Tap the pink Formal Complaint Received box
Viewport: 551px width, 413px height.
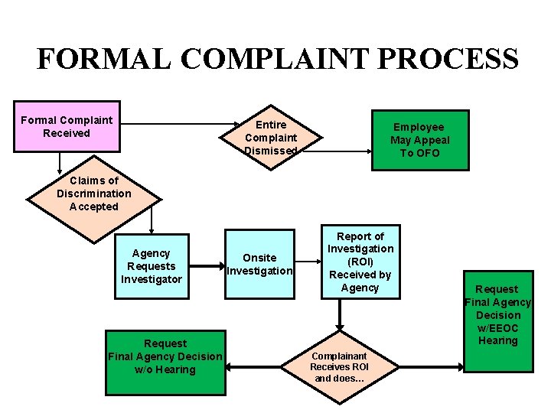[x=67, y=127]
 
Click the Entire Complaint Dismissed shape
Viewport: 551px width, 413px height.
[x=271, y=138]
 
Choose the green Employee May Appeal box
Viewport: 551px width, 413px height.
[x=420, y=140]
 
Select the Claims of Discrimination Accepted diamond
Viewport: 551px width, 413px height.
[x=94, y=194]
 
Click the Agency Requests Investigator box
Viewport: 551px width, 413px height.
[x=152, y=266]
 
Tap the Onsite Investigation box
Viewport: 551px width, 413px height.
[x=259, y=265]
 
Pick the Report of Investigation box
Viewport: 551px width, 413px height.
[x=360, y=262]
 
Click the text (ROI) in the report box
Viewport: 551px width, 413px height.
[x=360, y=262]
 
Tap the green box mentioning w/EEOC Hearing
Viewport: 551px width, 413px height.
[x=497, y=321]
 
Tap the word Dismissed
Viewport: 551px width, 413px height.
[x=271, y=151]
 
